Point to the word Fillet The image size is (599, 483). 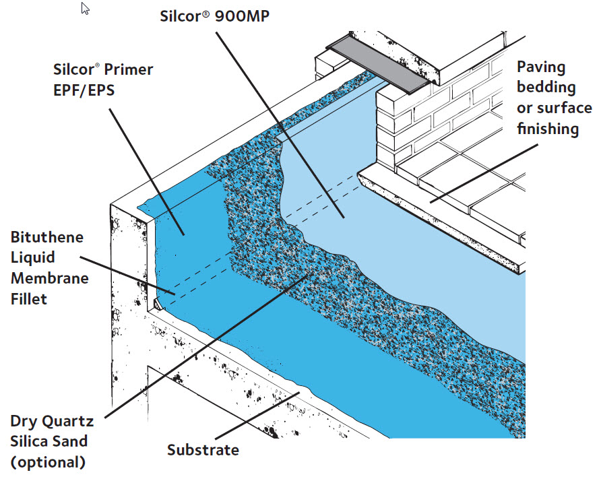[28, 298]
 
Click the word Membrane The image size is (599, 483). [49, 278]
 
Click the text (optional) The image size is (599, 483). [48, 462]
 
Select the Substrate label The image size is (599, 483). [203, 449]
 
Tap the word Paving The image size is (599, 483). [542, 67]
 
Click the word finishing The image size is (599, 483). [547, 128]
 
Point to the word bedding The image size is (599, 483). [546, 87]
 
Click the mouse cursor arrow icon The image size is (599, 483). [86, 9]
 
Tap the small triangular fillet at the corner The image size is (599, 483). [156, 305]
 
